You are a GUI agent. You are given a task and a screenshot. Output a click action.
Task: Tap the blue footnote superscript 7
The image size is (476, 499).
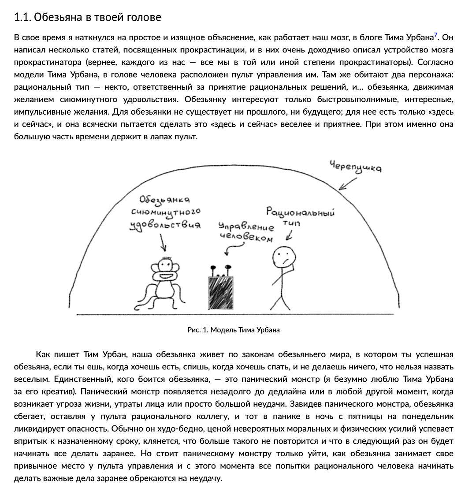coord(435,35)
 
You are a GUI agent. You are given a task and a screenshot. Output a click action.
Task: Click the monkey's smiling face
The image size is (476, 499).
coord(165,269)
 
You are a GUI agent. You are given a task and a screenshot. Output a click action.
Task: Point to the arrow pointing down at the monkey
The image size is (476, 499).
coord(163,242)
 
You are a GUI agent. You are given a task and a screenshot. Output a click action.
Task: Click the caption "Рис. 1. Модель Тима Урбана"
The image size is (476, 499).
coord(234,330)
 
